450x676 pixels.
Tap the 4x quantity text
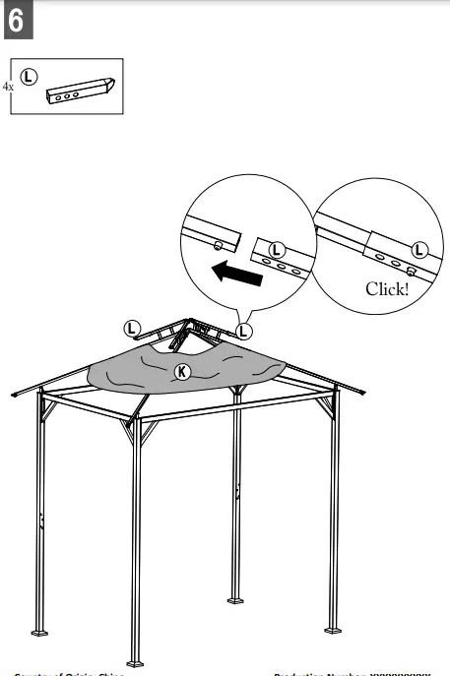point(8,87)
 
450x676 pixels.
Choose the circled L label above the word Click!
point(420,250)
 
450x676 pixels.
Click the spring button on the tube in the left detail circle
point(216,246)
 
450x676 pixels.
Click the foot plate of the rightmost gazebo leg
point(333,623)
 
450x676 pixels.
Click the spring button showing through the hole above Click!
point(409,274)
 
